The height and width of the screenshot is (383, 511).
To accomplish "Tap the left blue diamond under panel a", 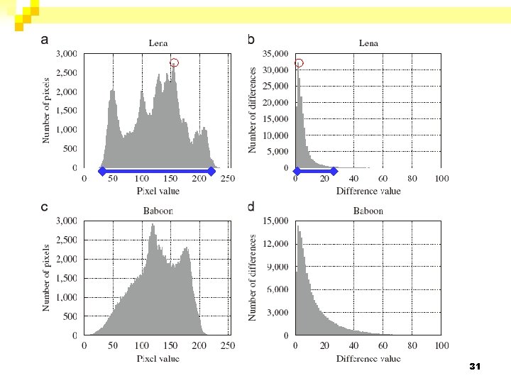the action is pos(102,172).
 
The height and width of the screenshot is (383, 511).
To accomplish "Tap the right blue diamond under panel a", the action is pos(211,172).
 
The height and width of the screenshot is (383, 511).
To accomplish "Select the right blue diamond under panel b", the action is pos(334,172).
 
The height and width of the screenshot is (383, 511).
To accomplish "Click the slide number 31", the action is pos(475,367).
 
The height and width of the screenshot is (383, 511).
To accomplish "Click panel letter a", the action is pos(45,40).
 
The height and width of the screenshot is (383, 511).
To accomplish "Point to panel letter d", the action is pos(251,206).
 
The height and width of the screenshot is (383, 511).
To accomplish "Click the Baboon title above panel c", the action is pos(158,211).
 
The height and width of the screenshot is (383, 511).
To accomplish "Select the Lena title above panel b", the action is pos(368,43).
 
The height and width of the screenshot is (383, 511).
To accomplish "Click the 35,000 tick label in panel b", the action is pos(275,54).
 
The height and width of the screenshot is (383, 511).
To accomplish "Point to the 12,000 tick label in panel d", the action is pos(275,244).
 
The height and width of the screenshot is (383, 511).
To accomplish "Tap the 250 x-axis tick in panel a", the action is pos(228,179).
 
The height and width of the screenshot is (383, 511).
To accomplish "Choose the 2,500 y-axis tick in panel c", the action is pos(67,240).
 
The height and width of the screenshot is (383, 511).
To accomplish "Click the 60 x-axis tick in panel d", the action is pos(383,345).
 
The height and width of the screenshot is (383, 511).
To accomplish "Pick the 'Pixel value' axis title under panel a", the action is pos(158,191).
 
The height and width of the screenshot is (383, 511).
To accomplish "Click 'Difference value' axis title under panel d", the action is pos(368,359).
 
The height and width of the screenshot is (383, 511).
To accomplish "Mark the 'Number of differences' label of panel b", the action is pos(252,110).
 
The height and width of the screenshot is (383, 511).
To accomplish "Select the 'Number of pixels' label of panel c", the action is pos(46,278).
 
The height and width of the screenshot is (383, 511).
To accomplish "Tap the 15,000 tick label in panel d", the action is pos(275,221).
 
